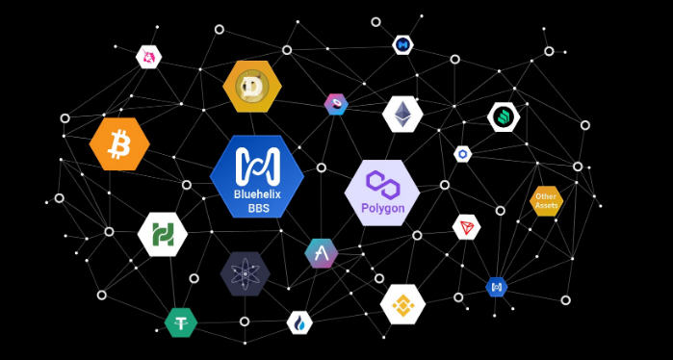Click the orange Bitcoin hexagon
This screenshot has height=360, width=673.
point(119,144)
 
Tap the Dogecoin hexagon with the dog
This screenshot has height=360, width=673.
point(252,87)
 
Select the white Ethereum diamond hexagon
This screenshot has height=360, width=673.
point(402,115)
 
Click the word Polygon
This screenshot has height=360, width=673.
point(383,209)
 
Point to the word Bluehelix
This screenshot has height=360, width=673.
point(257,194)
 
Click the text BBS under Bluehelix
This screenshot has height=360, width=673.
point(258,209)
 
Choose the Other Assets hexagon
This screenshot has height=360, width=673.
point(546,201)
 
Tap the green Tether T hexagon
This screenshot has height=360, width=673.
point(181,322)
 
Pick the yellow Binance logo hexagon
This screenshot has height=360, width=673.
point(402,304)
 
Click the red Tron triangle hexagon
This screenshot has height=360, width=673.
point(466,227)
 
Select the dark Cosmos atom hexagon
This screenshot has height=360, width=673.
point(246,273)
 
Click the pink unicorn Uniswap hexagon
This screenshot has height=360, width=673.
point(148,57)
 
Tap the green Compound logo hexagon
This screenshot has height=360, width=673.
point(504,116)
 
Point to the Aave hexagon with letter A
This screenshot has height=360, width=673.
point(321,253)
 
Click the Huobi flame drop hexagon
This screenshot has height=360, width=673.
point(299,322)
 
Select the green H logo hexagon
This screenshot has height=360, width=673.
point(163,234)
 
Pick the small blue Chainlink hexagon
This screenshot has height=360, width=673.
point(463,154)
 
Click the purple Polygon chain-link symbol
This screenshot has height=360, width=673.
point(383,185)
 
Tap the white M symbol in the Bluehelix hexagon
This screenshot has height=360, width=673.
point(257,167)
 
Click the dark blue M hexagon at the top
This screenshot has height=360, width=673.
point(402,44)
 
